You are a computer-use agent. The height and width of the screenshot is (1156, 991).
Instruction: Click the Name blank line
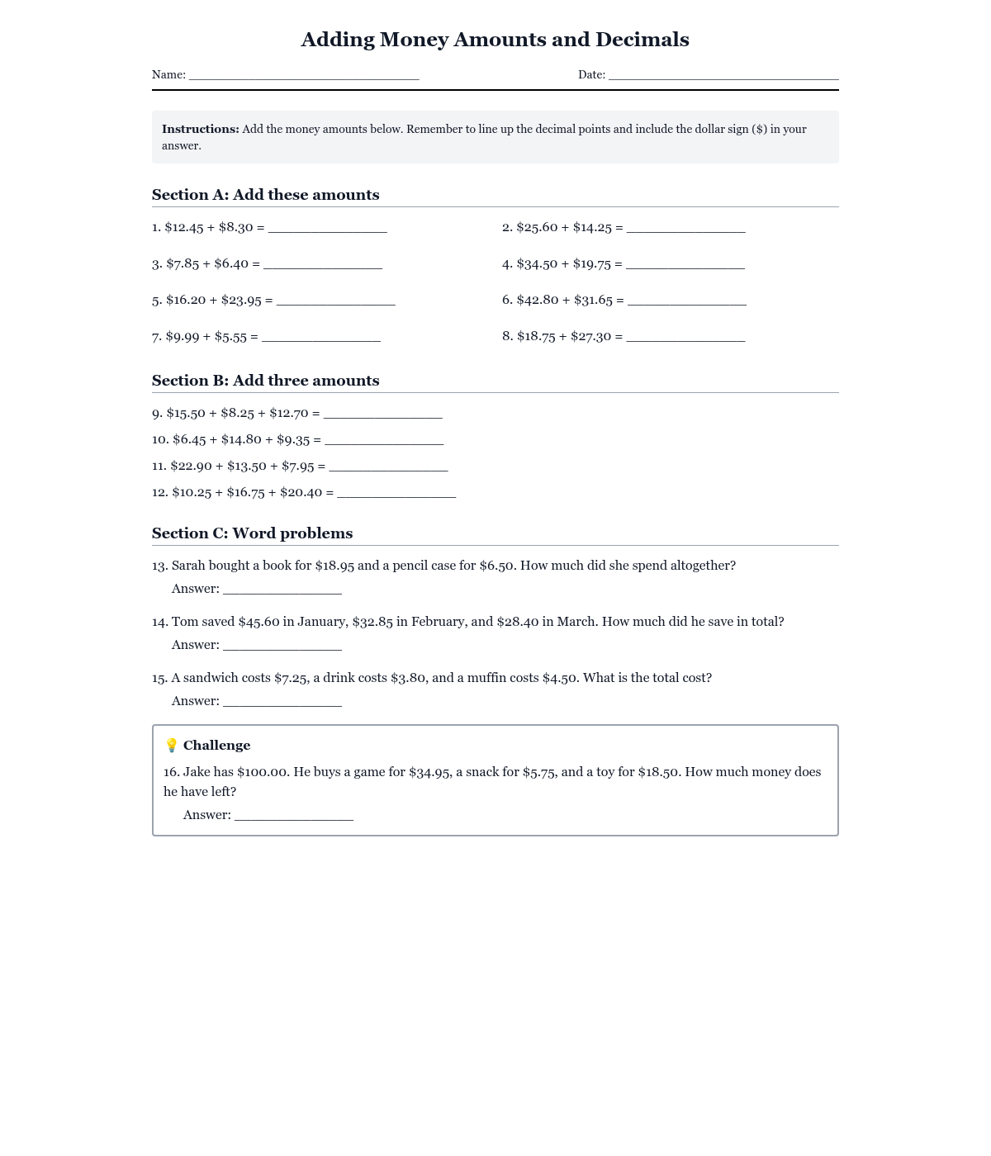point(304,76)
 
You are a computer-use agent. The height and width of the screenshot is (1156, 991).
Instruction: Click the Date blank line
point(723,76)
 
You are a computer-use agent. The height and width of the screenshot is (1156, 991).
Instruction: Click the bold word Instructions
point(201,129)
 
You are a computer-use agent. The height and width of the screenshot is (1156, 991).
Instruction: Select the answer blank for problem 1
point(327,229)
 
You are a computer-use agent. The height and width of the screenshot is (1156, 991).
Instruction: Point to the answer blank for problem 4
point(685,265)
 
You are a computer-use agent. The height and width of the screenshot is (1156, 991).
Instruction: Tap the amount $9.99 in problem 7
point(183,336)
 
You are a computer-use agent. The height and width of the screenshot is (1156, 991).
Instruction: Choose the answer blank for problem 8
point(685,338)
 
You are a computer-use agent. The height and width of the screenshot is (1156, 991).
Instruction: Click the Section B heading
point(266,381)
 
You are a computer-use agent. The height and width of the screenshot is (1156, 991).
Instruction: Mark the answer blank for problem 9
point(382,415)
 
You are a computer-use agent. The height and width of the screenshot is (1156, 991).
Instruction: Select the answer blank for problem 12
point(396,494)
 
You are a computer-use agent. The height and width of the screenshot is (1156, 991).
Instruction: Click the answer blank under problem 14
point(282,647)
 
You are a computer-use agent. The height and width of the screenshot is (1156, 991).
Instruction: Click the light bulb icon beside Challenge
point(172,746)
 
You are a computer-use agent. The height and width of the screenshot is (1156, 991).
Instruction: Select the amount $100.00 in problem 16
point(263,772)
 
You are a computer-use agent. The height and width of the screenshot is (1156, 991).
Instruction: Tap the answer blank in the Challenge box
point(294,817)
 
